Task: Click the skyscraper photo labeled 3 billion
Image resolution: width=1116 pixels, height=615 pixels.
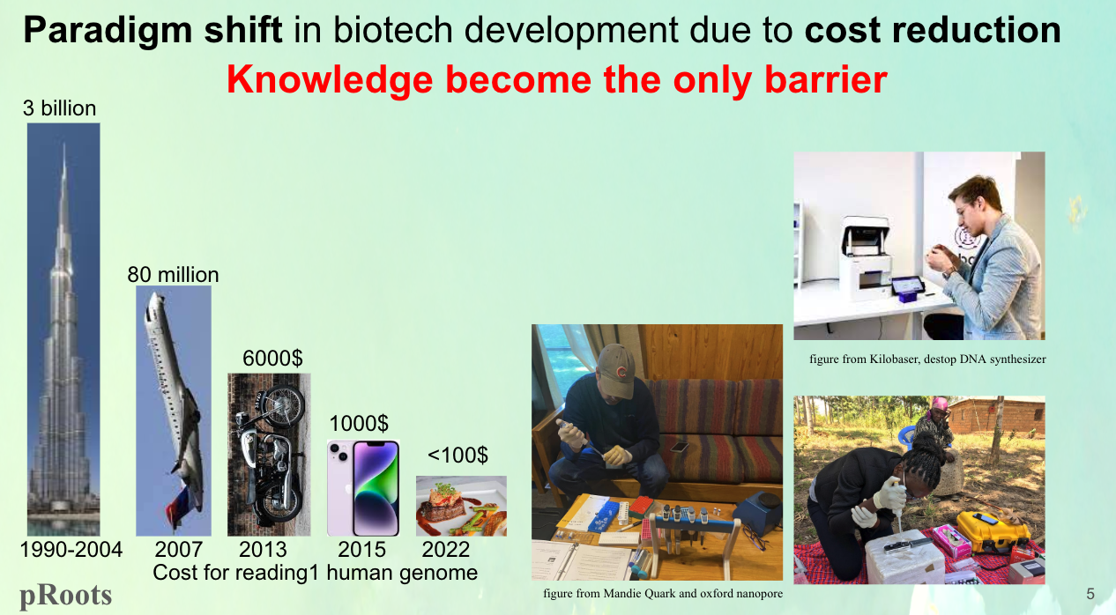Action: pyautogui.click(x=63, y=330)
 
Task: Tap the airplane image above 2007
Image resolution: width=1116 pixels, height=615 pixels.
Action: pyautogui.click(x=174, y=411)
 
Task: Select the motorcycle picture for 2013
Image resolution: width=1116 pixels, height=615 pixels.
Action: pyautogui.click(x=269, y=454)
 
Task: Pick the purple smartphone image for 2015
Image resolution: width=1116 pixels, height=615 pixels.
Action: pyautogui.click(x=363, y=487)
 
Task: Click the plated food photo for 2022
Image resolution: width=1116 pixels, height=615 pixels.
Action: pyautogui.click(x=461, y=506)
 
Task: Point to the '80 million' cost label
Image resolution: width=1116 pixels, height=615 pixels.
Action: pyautogui.click(x=173, y=274)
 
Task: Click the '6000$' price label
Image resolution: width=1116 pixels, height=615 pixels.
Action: pyautogui.click(x=272, y=358)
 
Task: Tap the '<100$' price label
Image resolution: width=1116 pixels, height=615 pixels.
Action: pyautogui.click(x=458, y=455)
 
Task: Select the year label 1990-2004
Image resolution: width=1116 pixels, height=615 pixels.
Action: pyautogui.click(x=71, y=549)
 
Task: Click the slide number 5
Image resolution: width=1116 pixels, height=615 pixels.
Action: pyautogui.click(x=1090, y=594)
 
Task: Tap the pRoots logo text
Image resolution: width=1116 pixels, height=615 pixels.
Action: pyautogui.click(x=66, y=596)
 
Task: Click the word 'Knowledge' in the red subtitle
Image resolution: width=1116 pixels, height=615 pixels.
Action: pyautogui.click(x=330, y=79)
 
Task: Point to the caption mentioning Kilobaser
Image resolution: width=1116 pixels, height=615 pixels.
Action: pyautogui.click(x=927, y=359)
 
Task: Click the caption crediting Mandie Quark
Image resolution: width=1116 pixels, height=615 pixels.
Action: pyautogui.click(x=663, y=594)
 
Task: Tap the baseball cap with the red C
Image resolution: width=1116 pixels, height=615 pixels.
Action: pyautogui.click(x=617, y=369)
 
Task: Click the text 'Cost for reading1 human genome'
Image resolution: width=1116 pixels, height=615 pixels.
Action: pyautogui.click(x=315, y=572)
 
